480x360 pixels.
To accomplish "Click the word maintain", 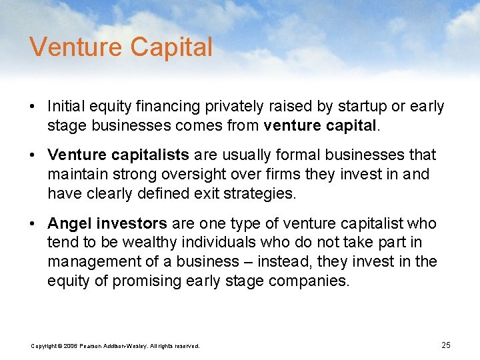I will pyautogui.click(x=74, y=174).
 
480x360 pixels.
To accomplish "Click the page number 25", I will pyautogui.click(x=446, y=345).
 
